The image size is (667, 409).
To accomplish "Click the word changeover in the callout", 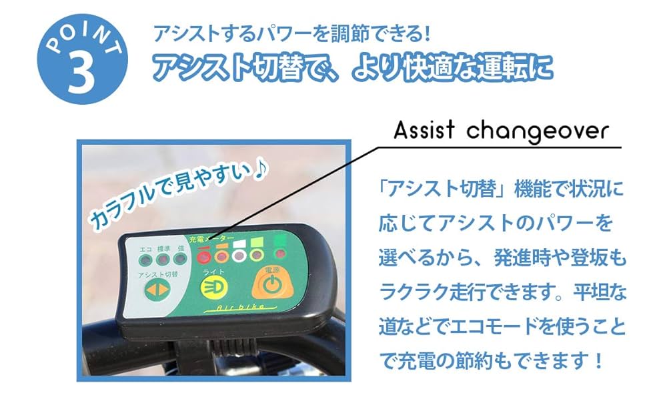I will [x=536, y=131].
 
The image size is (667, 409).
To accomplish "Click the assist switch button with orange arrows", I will [x=155, y=290].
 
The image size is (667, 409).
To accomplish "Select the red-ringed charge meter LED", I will [x=206, y=255].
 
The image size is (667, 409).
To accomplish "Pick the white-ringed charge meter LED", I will [x=239, y=254].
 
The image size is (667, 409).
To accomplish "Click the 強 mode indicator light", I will [x=179, y=258].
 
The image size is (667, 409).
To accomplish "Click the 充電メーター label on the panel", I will [x=217, y=238].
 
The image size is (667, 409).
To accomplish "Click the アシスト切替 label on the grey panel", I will [x=157, y=275].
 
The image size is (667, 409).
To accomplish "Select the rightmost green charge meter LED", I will [x=278, y=254].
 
